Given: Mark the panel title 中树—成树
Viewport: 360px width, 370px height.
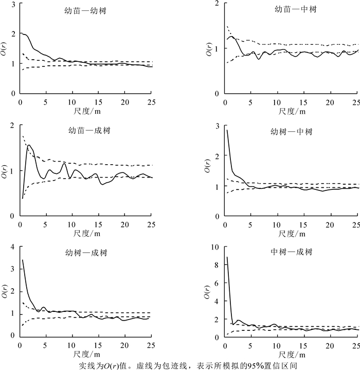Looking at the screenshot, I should pyautogui.click(x=291, y=252).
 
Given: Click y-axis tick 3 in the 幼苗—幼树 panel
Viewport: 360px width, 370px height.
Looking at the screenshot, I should pyautogui.click(x=12, y=4).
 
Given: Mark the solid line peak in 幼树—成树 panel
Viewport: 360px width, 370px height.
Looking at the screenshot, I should pyautogui.click(x=23, y=260).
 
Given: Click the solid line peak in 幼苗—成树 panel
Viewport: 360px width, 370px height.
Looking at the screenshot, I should pyautogui.click(x=29, y=145).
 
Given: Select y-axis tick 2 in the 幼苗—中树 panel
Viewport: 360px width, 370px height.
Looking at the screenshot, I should pyautogui.click(x=218, y=4).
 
